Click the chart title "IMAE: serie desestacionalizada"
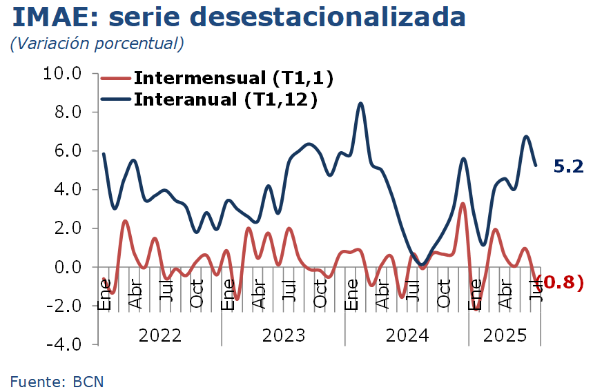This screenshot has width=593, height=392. (239, 17)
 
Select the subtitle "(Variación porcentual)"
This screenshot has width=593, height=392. (97, 43)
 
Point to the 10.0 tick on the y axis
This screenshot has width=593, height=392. (62, 73)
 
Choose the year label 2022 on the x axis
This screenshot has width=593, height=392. (160, 336)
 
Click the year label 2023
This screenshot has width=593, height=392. (284, 336)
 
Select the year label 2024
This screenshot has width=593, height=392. (407, 336)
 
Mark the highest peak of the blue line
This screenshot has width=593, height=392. (361, 104)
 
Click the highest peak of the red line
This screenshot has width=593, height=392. (463, 204)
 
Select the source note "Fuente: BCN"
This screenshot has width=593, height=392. (57, 380)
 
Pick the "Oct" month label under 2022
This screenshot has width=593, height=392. (197, 293)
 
